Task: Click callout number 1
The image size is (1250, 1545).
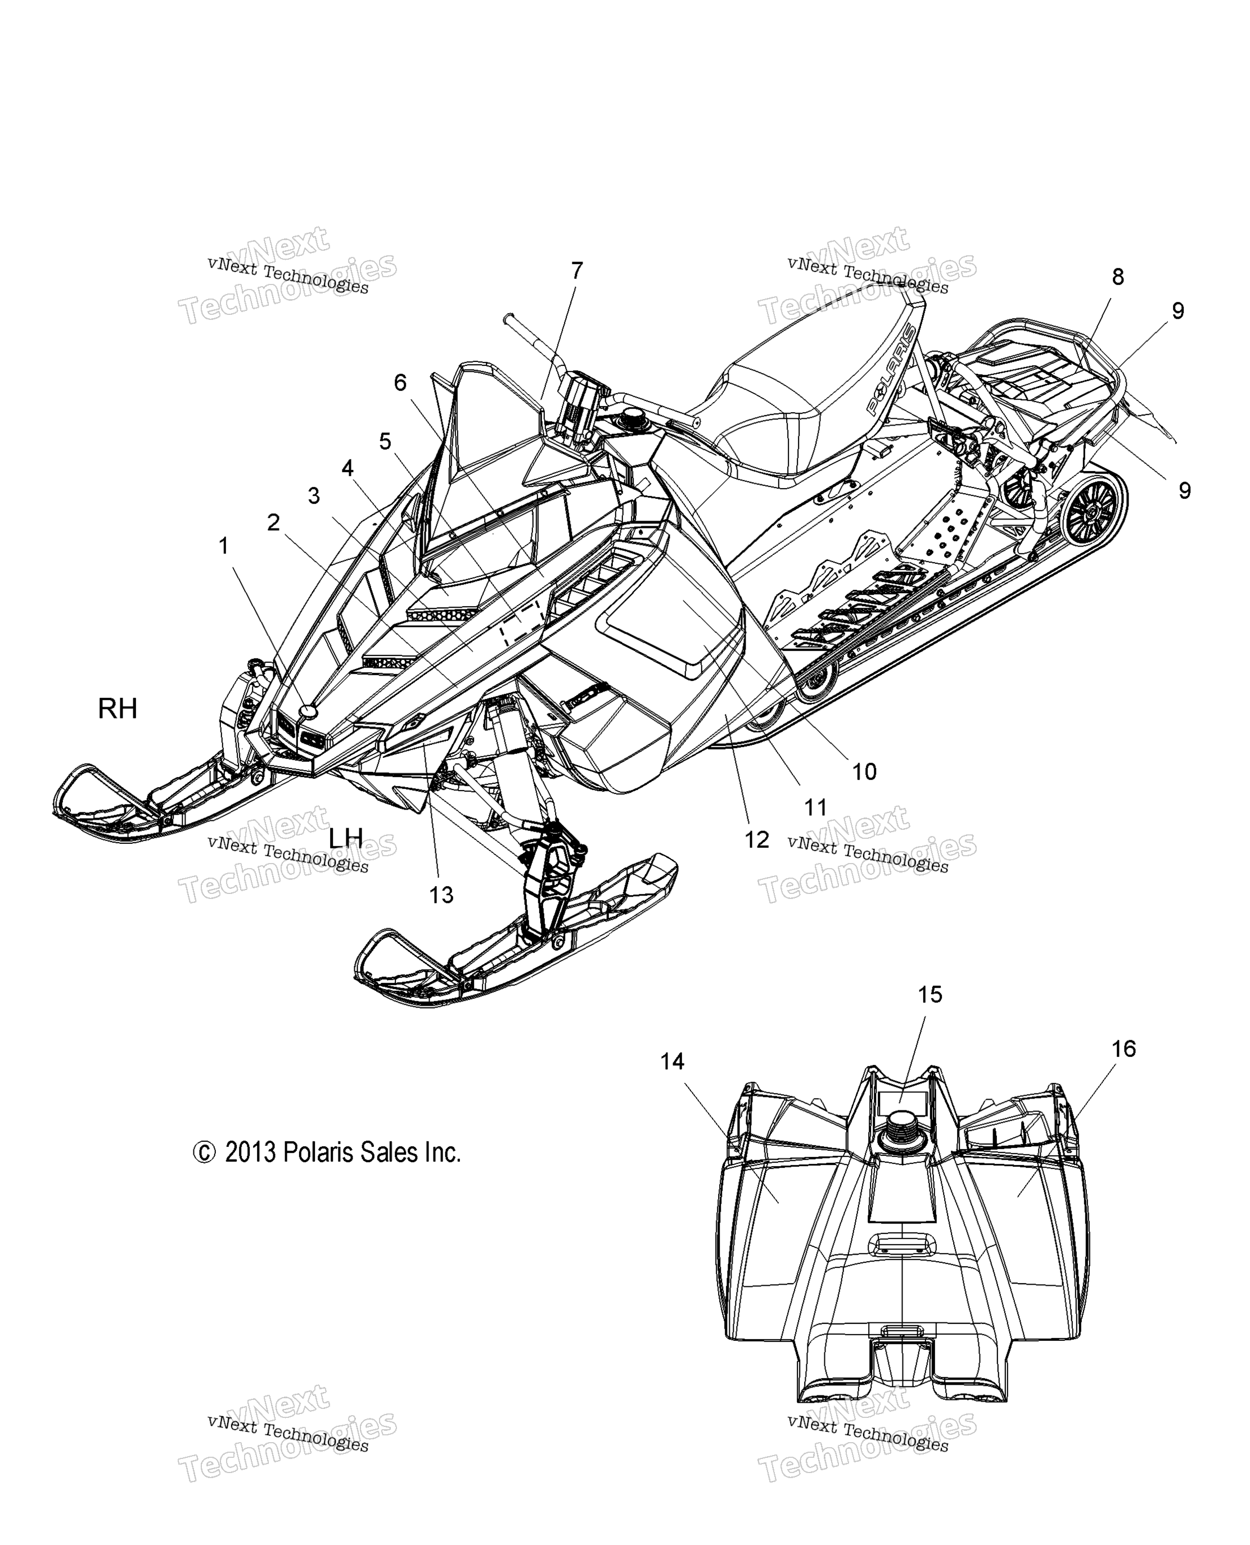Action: pyautogui.click(x=224, y=546)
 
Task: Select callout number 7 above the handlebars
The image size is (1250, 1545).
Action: pyautogui.click(x=577, y=270)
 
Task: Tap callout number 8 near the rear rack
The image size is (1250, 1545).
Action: pyautogui.click(x=1117, y=277)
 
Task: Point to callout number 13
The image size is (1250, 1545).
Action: pyautogui.click(x=441, y=895)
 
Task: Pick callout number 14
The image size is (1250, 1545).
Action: pyautogui.click(x=673, y=1061)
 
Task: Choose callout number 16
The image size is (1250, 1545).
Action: pyautogui.click(x=1123, y=1049)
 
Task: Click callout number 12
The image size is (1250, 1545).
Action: pyautogui.click(x=757, y=839)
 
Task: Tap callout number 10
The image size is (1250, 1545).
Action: pyautogui.click(x=864, y=772)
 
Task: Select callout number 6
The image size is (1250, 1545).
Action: pyautogui.click(x=400, y=382)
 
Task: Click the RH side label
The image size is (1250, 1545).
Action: pyautogui.click(x=118, y=708)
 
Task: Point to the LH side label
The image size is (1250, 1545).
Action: pyautogui.click(x=346, y=837)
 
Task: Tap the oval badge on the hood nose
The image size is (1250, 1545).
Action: pyautogui.click(x=308, y=711)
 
